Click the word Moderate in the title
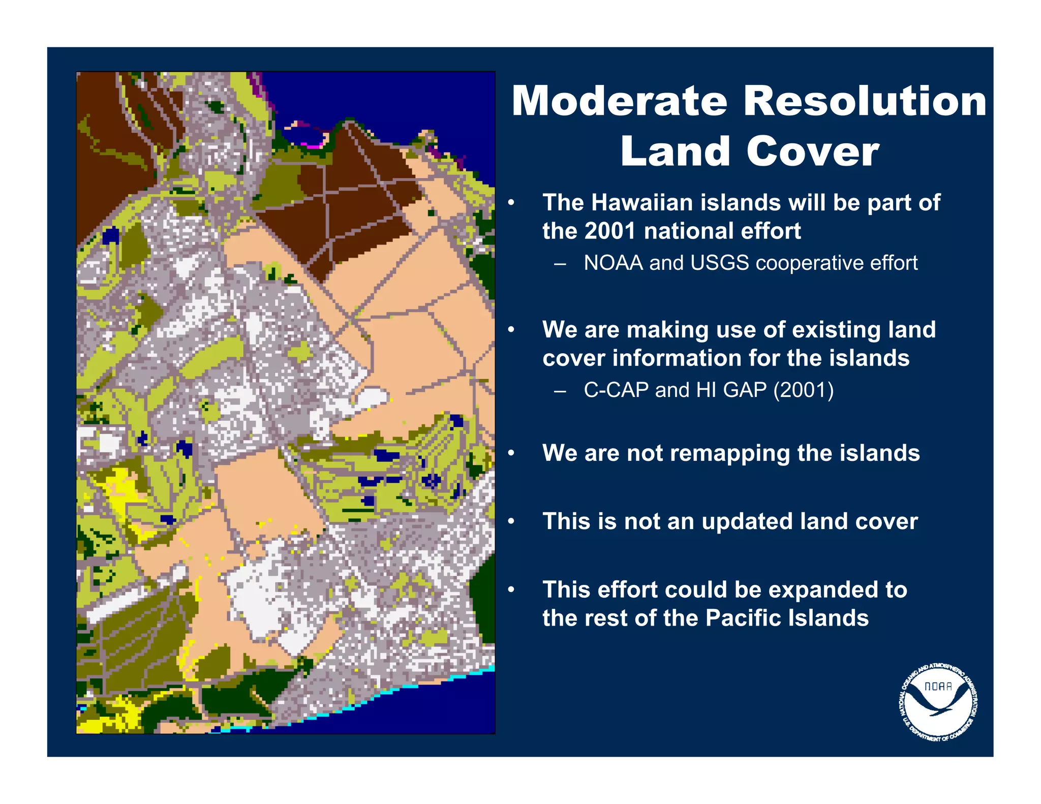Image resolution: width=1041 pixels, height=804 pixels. click(x=620, y=101)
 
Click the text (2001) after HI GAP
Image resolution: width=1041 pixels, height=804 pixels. click(x=803, y=390)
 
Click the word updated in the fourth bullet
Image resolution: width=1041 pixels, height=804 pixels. click(x=747, y=521)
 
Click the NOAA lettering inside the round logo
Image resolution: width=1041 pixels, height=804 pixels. click(x=938, y=686)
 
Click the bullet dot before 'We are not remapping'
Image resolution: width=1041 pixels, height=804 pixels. click(x=511, y=453)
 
